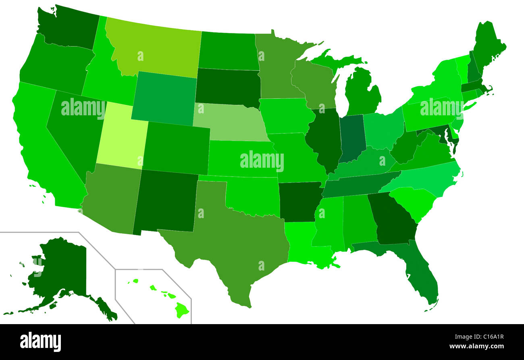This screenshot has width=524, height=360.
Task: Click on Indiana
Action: [351, 137]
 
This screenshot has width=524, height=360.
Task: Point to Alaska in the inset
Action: [60, 274]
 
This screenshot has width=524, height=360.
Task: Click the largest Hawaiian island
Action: [182, 310]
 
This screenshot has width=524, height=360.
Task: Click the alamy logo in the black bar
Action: [40, 342]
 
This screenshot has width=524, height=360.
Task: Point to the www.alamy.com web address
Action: [476, 346]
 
